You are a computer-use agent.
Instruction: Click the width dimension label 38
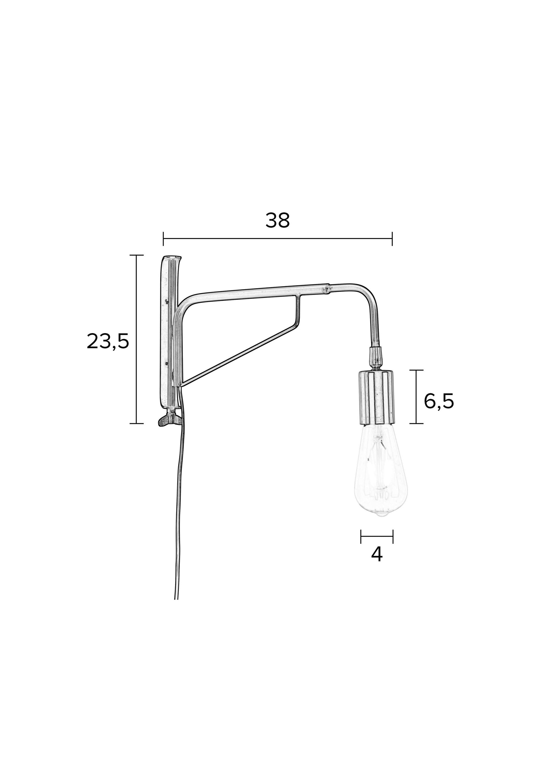point(277,221)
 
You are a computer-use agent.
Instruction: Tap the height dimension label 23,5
point(108,341)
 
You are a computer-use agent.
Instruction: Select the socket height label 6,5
point(439,402)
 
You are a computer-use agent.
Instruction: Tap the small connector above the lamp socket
point(376,356)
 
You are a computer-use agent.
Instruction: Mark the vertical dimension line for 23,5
point(137,338)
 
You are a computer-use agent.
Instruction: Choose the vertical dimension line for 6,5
point(416,397)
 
